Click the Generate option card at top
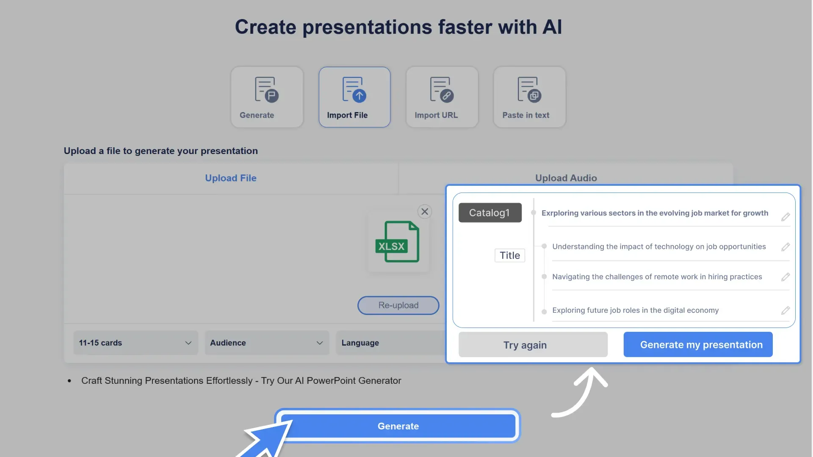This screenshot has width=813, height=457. [267, 97]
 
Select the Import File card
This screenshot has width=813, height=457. [354, 97]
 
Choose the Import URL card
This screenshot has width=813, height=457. [442, 97]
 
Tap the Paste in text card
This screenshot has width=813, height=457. [529, 97]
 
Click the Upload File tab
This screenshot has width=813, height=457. [231, 178]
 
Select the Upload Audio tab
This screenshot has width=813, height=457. [566, 178]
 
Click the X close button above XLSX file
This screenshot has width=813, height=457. [425, 212]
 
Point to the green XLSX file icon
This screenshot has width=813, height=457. [397, 242]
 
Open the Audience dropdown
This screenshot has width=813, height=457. [267, 343]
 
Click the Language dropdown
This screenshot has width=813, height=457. [390, 343]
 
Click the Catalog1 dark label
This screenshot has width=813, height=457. [490, 213]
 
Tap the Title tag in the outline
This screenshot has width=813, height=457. [509, 256]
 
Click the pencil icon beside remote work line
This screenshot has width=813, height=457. [785, 277]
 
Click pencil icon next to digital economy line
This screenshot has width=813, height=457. [785, 311]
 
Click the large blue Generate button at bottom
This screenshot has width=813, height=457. [398, 426]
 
